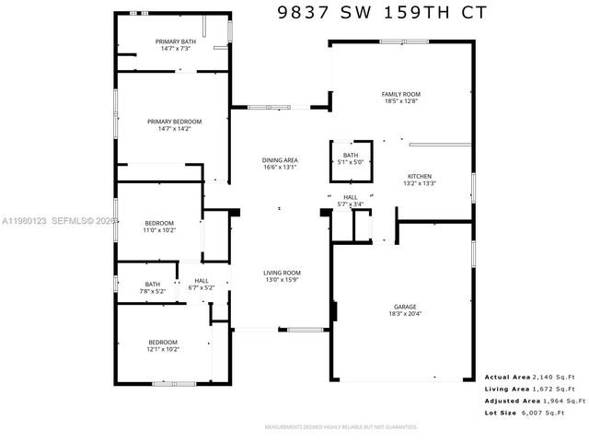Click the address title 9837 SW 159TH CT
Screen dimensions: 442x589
pos(378,13)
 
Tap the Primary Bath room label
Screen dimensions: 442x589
pos(175,45)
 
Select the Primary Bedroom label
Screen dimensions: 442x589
pos(175,125)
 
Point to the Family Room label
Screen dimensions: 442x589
pos(401,98)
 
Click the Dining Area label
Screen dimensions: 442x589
pos(280,164)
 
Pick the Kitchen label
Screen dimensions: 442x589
pos(420,180)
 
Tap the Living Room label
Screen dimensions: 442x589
pos(283,276)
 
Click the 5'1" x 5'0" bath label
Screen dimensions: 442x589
pos(351,158)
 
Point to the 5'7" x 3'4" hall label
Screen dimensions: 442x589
pos(351,201)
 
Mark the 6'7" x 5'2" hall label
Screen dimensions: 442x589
pos(202,285)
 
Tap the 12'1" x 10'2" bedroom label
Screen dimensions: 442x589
pos(163,346)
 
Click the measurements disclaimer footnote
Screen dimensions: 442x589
pos(341,427)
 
